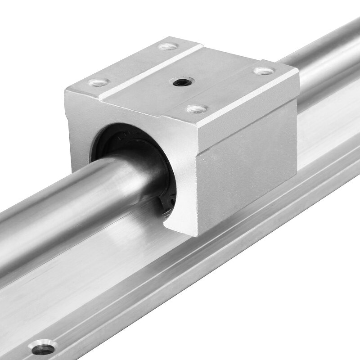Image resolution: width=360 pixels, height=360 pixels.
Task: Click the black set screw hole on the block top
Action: [x=181, y=82]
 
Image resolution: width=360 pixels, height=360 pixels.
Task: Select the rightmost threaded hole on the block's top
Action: [x=264, y=71]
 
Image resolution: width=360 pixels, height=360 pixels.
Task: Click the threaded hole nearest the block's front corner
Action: [x=197, y=108]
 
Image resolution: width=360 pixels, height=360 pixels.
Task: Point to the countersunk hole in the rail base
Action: [x=44, y=347]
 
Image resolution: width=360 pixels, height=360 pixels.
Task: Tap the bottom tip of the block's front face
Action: [x=191, y=234]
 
